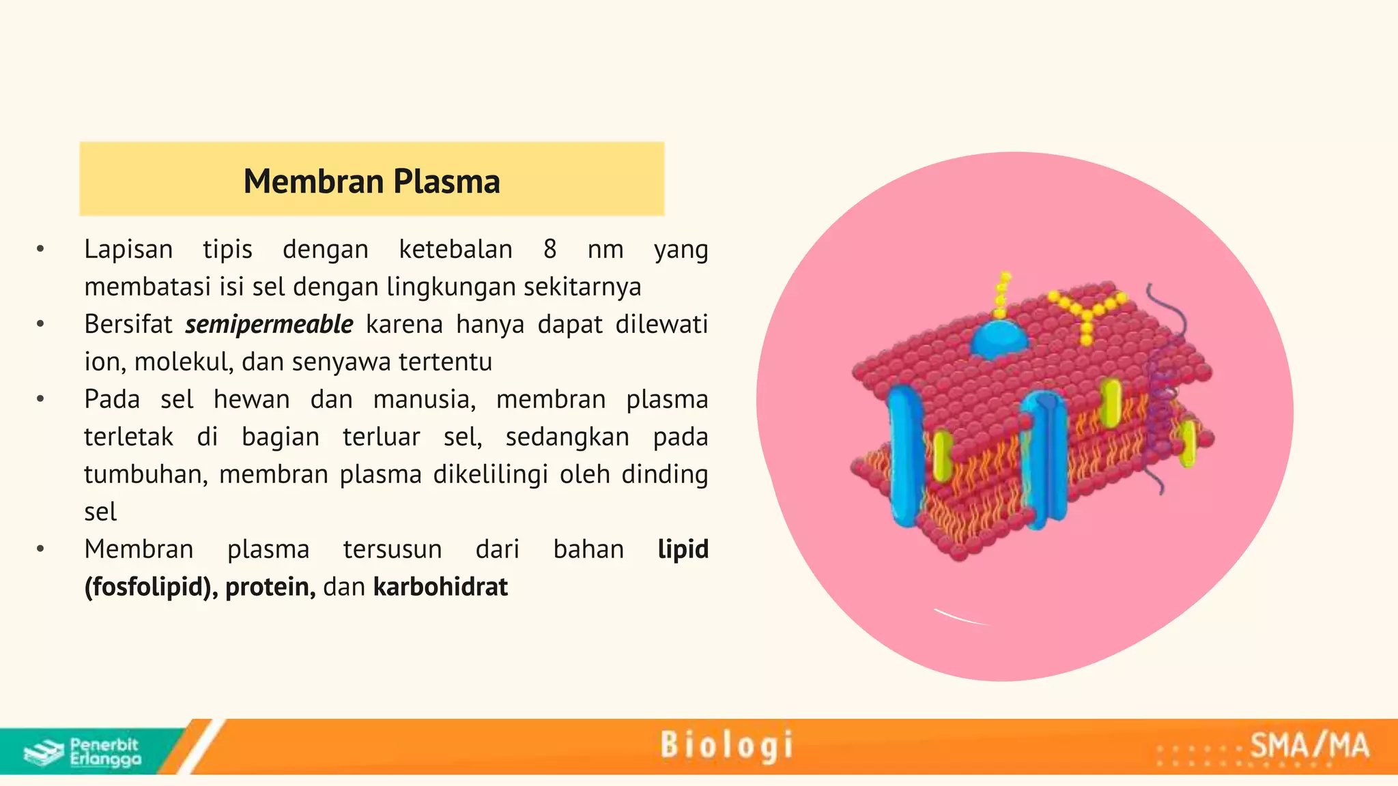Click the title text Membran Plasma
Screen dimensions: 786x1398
pos(371,181)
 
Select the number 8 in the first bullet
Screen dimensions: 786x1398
pos(550,250)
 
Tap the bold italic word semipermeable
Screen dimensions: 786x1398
pos(269,325)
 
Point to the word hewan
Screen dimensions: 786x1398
pos(251,400)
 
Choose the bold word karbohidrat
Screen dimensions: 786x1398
pos(440,587)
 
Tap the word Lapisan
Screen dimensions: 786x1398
pos(128,250)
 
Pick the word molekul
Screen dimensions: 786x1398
pos(183,362)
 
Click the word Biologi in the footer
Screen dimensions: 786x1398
pos(726,745)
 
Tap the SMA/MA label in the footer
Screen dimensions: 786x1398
pos(1309,746)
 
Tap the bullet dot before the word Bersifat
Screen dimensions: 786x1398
pos(40,325)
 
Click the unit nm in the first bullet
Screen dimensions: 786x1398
pos(605,250)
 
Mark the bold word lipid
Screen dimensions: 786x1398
pos(683,550)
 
